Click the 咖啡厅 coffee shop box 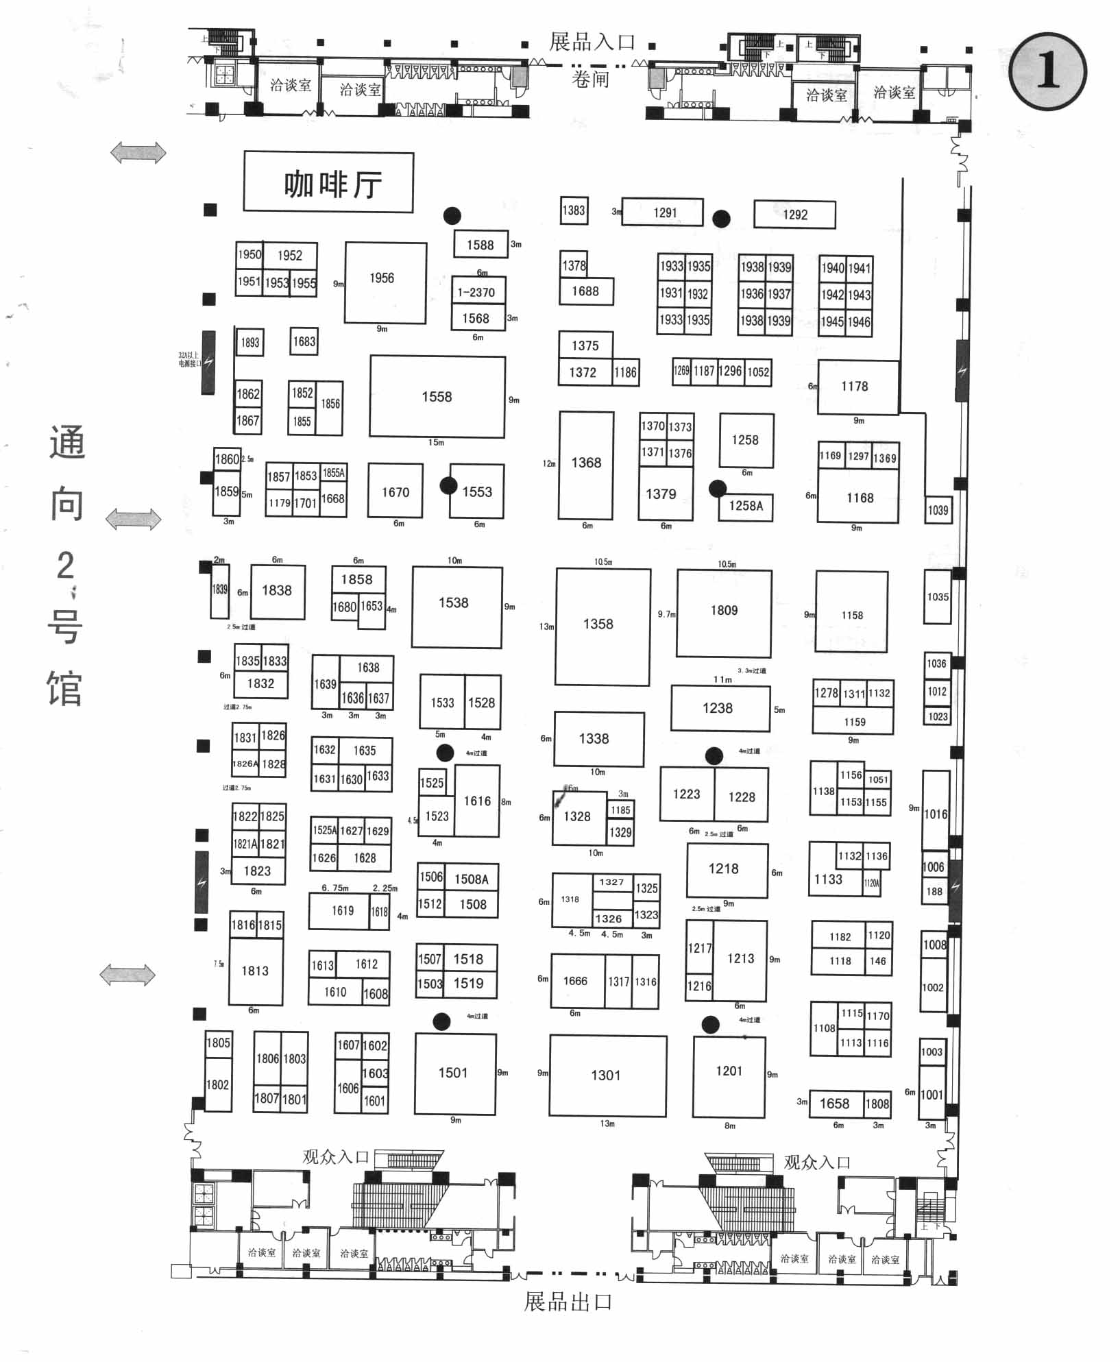(x=329, y=183)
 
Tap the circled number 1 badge (x=1047, y=71)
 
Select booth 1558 (x=437, y=397)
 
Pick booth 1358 (x=602, y=625)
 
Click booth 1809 (x=724, y=611)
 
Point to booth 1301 (x=607, y=1075)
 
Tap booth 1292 (x=794, y=215)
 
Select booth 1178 (x=857, y=387)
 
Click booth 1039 (x=938, y=510)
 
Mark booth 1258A (x=746, y=506)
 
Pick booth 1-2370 (x=478, y=291)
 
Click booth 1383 (x=574, y=210)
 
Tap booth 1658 (x=835, y=1104)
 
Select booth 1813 (x=256, y=971)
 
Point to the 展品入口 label (x=592, y=42)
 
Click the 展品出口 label (x=568, y=1301)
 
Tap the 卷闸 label (x=590, y=80)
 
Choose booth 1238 (x=720, y=709)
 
